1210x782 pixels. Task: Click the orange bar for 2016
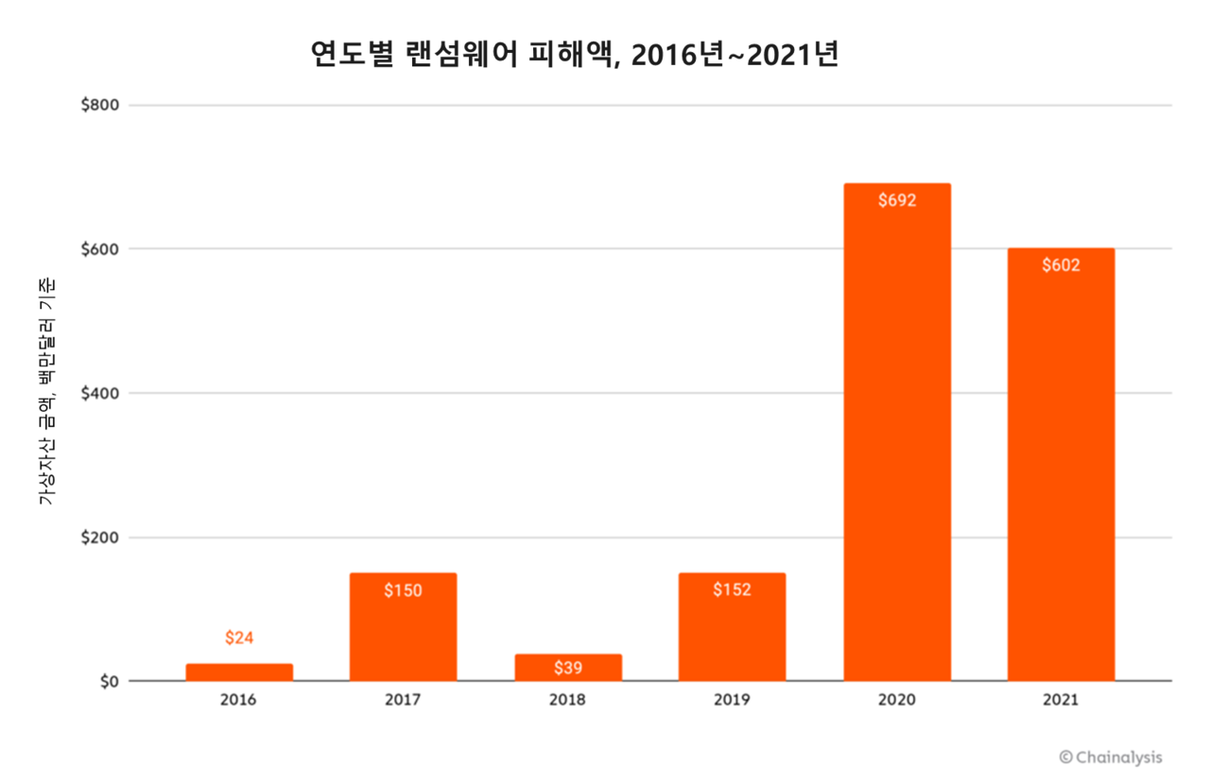239,672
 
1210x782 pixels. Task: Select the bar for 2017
403,627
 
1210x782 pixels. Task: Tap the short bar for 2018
568,668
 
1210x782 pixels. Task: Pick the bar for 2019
732,627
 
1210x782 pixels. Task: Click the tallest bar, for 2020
897,433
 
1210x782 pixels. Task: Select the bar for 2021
1061,465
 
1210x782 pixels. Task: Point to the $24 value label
239,637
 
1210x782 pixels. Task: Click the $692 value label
897,201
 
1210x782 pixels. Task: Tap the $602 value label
1061,265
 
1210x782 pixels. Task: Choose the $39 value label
568,668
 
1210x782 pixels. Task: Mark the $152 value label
732,590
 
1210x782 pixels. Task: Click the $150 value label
403,590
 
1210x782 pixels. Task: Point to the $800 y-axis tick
99,105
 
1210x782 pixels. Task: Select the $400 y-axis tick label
99,393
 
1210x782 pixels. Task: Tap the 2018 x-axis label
568,701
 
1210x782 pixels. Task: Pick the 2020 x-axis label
897,701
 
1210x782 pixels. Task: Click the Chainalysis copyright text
1111,756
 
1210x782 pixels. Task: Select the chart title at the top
575,56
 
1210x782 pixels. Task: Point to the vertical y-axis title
47,392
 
